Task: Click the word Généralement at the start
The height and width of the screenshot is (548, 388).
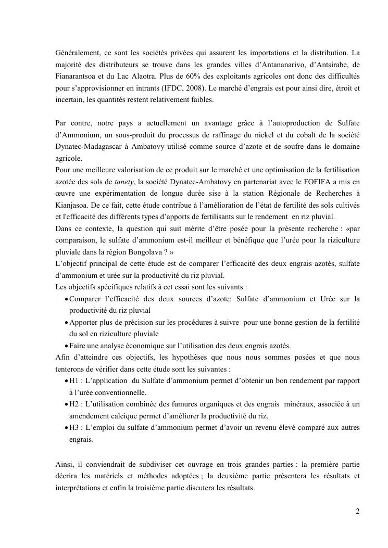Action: click(76, 53)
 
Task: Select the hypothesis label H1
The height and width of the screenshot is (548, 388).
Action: click(74, 380)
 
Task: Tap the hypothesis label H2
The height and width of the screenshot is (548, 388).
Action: click(74, 404)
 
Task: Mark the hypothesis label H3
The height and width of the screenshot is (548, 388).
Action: click(74, 427)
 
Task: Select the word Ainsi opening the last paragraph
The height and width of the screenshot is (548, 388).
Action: click(65, 464)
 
